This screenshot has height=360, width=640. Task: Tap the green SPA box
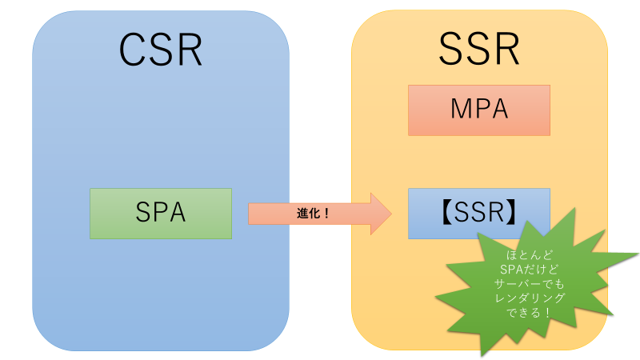[161, 213]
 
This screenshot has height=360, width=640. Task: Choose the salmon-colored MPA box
[479, 110]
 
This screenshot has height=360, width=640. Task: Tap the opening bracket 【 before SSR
[445, 213]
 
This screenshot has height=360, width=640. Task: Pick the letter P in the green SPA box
[161, 213]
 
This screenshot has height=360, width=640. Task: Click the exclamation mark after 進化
[326, 214]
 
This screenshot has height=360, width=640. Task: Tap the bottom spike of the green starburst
[482, 354]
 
